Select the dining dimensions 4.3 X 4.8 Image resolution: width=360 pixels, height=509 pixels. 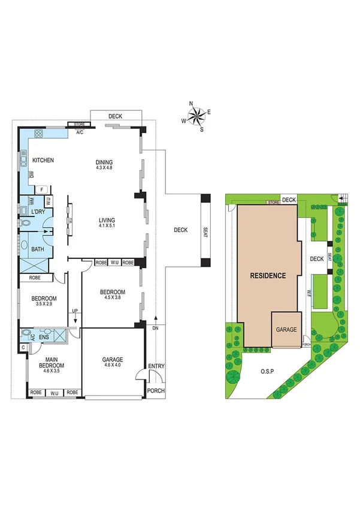(x=104, y=168)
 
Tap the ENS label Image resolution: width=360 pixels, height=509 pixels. (x=43, y=338)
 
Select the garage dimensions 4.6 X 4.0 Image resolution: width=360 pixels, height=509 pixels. (x=112, y=365)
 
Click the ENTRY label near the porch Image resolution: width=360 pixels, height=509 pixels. (x=156, y=366)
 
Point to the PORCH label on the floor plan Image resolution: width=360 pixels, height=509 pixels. (x=156, y=391)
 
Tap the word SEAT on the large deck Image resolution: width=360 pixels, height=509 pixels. (x=205, y=230)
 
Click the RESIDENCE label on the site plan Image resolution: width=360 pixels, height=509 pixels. (x=268, y=275)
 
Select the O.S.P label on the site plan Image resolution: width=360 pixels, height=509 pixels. (x=268, y=371)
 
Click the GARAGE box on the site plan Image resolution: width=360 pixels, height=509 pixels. (x=286, y=330)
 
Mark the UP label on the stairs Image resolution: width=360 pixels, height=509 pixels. (x=74, y=311)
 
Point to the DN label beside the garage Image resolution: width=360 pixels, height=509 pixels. (x=156, y=329)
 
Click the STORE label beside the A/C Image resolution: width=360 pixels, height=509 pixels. (x=78, y=125)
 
